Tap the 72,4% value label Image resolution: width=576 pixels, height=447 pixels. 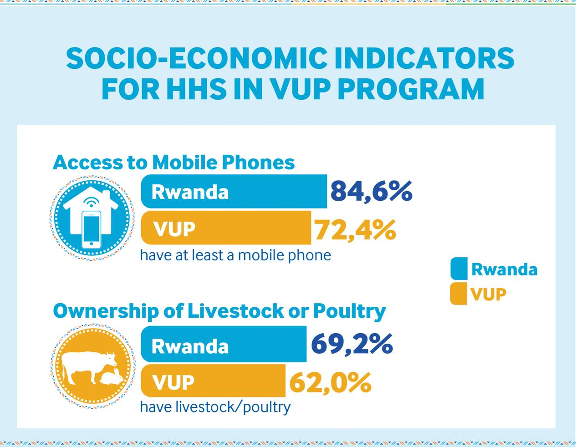point(355,230)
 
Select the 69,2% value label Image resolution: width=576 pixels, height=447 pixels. point(352,344)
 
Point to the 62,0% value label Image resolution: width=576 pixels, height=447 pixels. point(330,382)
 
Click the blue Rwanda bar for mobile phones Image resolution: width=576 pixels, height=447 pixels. point(234,191)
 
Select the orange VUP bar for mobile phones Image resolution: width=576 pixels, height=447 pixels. point(226,228)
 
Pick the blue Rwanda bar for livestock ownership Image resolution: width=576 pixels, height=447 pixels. point(224,344)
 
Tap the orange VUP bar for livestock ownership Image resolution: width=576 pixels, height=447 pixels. point(213,381)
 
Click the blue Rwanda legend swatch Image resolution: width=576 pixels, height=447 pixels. point(459,269)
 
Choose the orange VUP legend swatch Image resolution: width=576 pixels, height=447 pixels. point(459,294)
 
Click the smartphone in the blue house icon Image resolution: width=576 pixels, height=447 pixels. point(91,229)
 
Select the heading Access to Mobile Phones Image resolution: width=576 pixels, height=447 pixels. point(173,162)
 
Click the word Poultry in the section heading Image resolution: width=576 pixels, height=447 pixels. point(349,311)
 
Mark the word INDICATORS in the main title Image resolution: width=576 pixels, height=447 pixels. point(424,58)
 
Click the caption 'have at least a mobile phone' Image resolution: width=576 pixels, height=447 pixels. point(235,255)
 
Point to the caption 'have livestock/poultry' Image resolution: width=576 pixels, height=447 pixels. point(215,407)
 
